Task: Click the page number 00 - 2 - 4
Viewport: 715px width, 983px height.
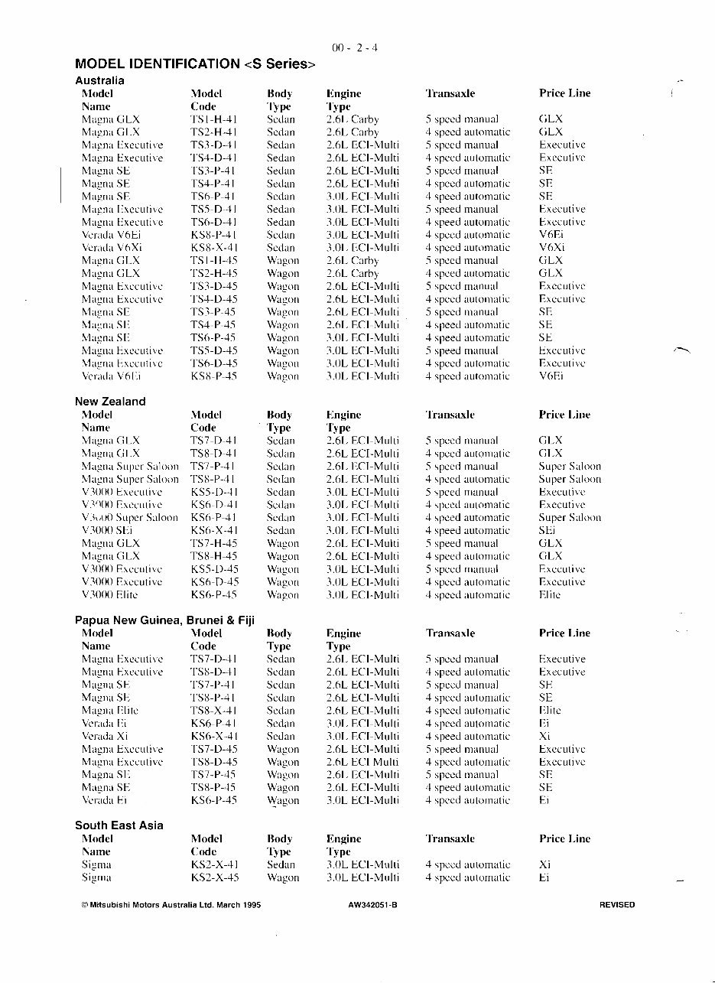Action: [355, 47]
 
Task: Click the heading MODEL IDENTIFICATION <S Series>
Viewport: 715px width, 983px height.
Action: [195, 64]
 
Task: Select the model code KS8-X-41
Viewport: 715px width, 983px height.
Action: [214, 248]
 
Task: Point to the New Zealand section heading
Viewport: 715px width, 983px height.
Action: [110, 401]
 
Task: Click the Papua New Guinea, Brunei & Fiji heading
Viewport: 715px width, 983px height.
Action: [164, 620]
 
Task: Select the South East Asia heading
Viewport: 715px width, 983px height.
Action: [119, 825]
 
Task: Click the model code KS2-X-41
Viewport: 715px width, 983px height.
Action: [214, 864]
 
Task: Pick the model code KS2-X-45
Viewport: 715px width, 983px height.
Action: [214, 877]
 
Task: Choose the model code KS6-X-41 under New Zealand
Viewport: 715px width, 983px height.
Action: [214, 530]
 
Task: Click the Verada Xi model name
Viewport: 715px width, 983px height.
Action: [102, 736]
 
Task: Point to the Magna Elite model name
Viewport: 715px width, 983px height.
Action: [110, 710]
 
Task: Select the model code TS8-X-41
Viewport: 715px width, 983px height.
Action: [214, 710]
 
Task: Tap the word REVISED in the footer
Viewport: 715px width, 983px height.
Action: [617, 905]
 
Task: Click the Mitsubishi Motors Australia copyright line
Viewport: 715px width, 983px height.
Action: [171, 905]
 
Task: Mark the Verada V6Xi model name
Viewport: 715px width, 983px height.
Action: [112, 248]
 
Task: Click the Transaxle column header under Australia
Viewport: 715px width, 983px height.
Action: [450, 93]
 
